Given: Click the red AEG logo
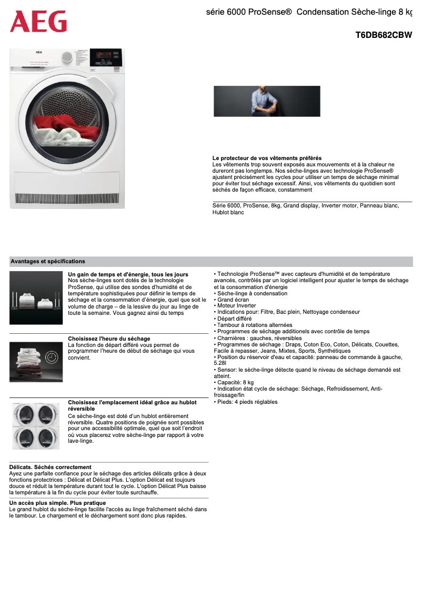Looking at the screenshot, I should point(38,22).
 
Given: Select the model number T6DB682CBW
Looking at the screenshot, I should point(384,35).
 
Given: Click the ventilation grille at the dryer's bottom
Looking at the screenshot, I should point(67,198).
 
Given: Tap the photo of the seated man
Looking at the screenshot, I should point(267,101).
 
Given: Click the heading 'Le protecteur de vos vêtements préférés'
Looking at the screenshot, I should point(267,158).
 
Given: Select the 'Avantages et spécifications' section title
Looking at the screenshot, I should point(48,261).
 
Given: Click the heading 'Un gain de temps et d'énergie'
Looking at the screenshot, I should point(128,274).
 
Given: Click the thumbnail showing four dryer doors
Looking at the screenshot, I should point(36,426).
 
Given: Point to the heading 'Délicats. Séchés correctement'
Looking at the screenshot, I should point(51,467).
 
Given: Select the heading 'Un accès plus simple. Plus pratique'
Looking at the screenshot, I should point(57,503).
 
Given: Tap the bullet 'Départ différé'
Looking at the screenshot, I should point(234,319).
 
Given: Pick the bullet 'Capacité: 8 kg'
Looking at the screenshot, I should point(235,382).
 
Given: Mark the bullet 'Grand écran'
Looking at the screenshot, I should point(233,299).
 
